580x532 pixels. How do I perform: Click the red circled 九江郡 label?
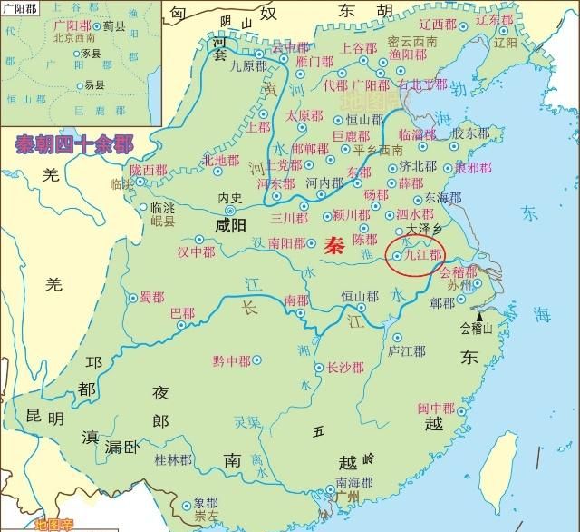pyautogui.click(x=420, y=256)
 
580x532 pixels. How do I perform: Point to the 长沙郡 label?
pyautogui.click(x=345, y=368)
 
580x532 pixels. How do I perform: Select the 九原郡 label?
pyautogui.click(x=247, y=65)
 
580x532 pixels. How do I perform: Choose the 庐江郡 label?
pyautogui.click(x=406, y=350)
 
